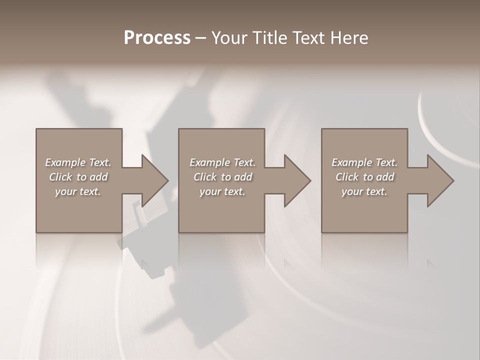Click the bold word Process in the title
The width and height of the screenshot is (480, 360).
click(157, 38)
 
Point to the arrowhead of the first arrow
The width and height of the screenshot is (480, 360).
click(155, 180)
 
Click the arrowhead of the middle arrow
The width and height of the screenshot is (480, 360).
click(297, 180)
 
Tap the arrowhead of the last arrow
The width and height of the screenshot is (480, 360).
click(440, 180)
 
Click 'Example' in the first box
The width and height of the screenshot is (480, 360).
click(65, 162)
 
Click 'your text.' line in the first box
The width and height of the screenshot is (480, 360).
click(78, 191)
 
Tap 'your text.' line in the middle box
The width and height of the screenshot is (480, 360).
click(222, 191)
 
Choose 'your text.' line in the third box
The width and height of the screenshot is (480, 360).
click(364, 191)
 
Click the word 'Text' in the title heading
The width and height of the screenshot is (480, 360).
click(307, 38)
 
